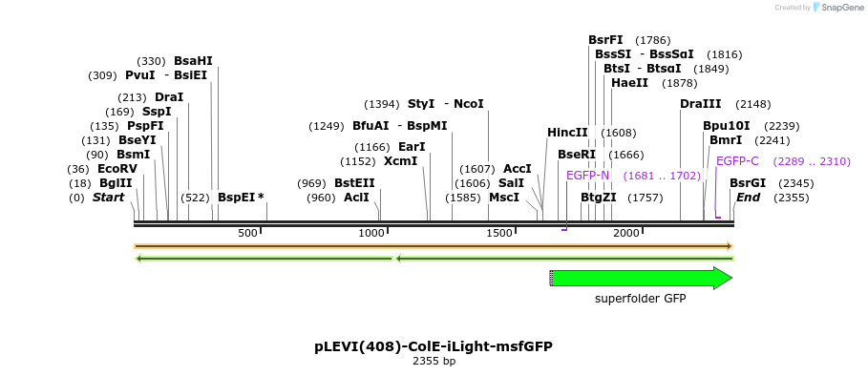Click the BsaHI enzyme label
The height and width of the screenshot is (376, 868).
(193, 61)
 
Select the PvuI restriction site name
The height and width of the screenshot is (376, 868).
(141, 75)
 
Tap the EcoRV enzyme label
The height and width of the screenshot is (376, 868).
(117, 169)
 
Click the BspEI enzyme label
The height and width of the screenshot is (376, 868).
(236, 198)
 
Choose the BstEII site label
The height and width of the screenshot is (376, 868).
(354, 183)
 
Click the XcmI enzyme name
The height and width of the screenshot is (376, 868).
(400, 161)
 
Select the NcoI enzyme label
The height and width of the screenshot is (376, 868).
(469, 104)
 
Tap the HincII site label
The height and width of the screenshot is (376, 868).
(567, 133)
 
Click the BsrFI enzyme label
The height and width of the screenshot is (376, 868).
(605, 40)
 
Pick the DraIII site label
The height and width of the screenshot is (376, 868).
(700, 104)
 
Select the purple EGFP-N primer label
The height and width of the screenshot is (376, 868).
(587, 176)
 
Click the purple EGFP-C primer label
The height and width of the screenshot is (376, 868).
(737, 161)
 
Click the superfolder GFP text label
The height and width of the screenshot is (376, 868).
(641, 299)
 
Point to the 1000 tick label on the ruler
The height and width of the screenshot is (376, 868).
(371, 234)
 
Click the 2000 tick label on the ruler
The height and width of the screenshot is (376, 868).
(626, 234)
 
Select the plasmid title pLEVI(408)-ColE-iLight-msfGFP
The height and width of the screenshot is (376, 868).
(434, 345)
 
